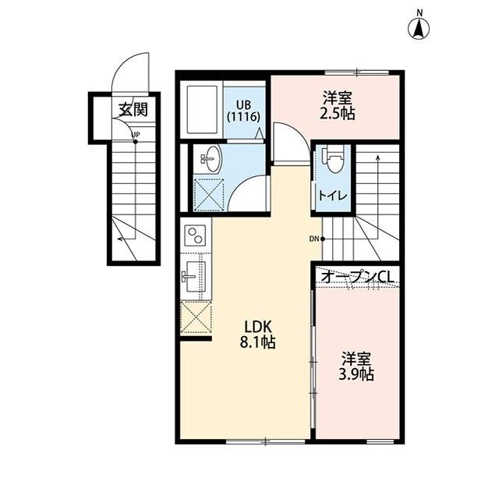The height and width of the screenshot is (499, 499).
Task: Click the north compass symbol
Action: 419,28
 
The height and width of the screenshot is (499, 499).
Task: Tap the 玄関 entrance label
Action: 133,110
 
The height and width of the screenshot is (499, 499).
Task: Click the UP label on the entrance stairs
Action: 136,134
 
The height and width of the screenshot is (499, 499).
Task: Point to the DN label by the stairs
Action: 313,239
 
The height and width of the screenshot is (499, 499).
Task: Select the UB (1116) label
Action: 244,111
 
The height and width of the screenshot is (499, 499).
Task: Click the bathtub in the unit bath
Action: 202,109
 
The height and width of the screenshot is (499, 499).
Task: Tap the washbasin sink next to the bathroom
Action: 211,157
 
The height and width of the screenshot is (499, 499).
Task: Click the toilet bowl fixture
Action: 333,159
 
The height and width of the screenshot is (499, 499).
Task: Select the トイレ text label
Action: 333,196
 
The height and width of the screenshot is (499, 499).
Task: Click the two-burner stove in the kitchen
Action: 196,235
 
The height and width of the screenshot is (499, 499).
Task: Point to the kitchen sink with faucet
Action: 194,276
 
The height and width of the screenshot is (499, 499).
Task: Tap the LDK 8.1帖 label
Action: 257,334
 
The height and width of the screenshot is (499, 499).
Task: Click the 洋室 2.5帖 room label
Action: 338,106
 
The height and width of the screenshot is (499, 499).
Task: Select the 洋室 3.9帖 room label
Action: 356,366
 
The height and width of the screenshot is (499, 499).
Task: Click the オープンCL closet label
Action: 357,277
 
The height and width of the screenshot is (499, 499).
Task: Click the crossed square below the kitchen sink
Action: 196,317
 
